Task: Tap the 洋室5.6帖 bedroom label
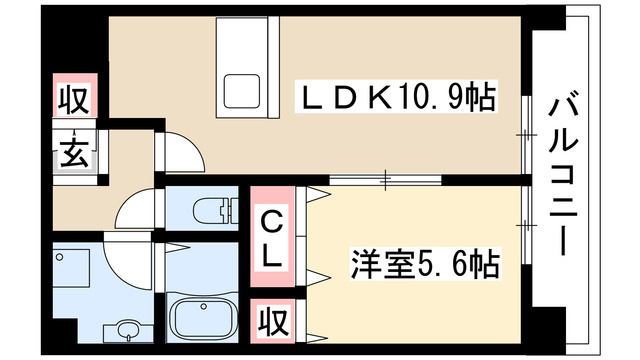click(x=425, y=266)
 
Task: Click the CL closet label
click(x=272, y=236)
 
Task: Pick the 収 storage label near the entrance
click(x=72, y=101)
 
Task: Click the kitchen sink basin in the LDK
click(x=241, y=92)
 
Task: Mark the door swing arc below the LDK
click(x=181, y=150)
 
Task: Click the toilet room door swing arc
click(x=136, y=210)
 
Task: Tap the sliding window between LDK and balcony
click(x=523, y=130)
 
